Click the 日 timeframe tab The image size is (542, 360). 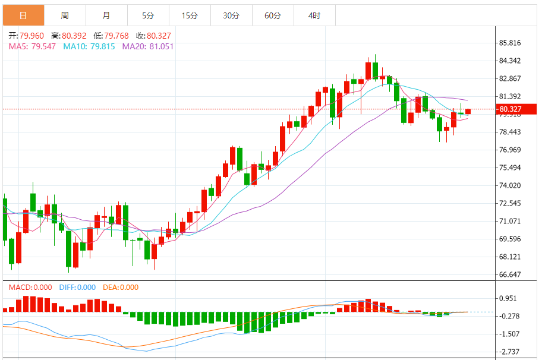pyautogui.click(x=23, y=15)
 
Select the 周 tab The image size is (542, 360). pyautogui.click(x=64, y=15)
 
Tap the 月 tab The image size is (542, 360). pyautogui.click(x=106, y=15)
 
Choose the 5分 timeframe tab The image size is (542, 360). pyautogui.click(x=148, y=15)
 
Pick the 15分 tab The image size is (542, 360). pyautogui.click(x=190, y=15)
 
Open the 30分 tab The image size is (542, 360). pyautogui.click(x=231, y=15)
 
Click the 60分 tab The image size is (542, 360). pyautogui.click(x=273, y=15)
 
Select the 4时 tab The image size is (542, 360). pyautogui.click(x=314, y=15)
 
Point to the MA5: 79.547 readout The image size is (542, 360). pyautogui.click(x=32, y=46)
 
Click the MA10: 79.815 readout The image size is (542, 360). pyautogui.click(x=89, y=46)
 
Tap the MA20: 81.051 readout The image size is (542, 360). pyautogui.click(x=148, y=46)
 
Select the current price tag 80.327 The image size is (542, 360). pyautogui.click(x=511, y=109)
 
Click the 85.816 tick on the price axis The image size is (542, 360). pyautogui.click(x=511, y=43)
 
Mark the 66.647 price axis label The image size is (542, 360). pyautogui.click(x=511, y=275)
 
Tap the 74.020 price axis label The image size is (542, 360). pyautogui.click(x=511, y=186)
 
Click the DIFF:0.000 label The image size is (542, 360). pyautogui.click(x=77, y=288)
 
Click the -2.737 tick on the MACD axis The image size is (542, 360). pyautogui.click(x=511, y=352)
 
